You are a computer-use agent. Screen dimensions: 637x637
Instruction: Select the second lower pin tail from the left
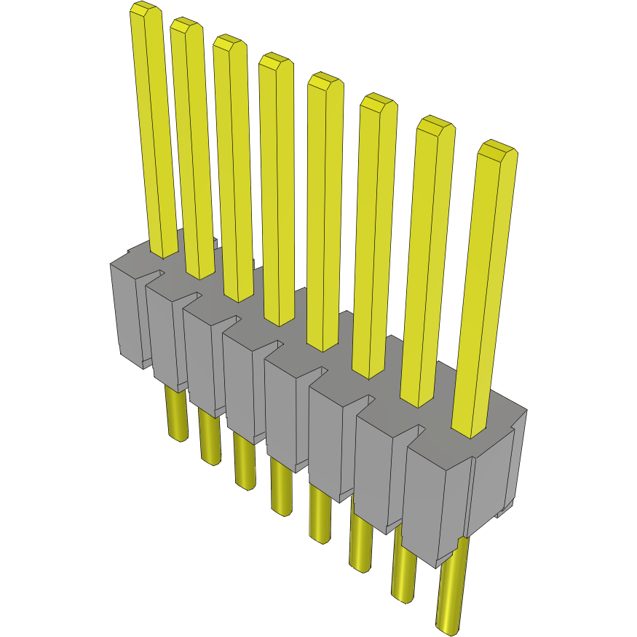pyautogui.click(x=209, y=440)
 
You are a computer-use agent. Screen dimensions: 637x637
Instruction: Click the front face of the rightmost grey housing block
pyautogui.click(x=433, y=502)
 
